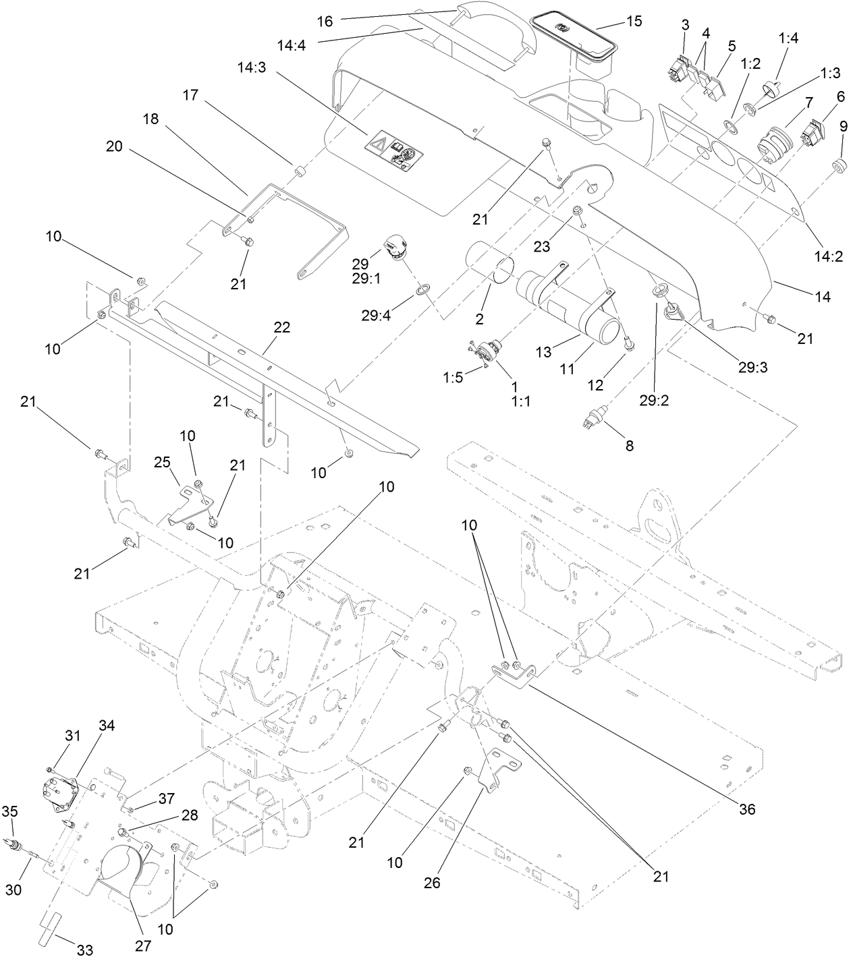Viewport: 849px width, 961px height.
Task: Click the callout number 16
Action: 325,21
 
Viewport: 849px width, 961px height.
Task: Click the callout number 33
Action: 84,951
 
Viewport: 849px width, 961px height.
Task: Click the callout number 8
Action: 629,446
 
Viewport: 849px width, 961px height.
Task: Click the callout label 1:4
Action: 788,39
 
